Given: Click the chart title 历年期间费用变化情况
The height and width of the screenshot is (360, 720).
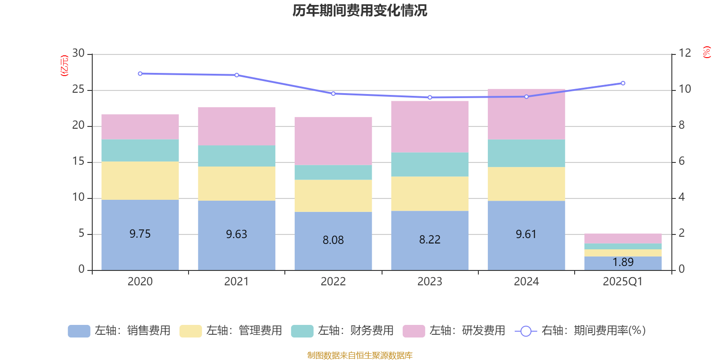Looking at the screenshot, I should (360, 10).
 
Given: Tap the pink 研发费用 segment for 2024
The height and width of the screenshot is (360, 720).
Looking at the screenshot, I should (526, 114).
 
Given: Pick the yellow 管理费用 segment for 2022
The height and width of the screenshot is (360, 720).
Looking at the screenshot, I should (333, 196).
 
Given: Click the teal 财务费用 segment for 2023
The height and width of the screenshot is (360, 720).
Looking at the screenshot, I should (430, 164).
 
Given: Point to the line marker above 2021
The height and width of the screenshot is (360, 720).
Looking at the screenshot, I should (237, 75).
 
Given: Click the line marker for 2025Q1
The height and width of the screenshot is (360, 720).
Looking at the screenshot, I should (623, 83).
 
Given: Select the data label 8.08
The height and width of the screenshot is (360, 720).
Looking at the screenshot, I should (333, 240).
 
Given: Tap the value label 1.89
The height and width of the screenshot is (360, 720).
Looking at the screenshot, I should (623, 262).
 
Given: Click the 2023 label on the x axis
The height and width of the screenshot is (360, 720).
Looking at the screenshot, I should (430, 282).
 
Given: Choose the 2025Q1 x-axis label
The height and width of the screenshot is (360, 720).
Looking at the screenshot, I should (622, 282).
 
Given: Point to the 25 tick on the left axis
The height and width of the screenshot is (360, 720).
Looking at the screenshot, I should (79, 90).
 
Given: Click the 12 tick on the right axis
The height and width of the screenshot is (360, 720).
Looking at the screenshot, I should (685, 53).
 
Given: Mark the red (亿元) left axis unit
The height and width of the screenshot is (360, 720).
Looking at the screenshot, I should (64, 66).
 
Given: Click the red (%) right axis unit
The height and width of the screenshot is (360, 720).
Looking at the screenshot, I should (707, 52).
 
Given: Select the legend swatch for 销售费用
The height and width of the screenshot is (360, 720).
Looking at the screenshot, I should (79, 331).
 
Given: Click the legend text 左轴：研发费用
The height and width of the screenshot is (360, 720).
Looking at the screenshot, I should (467, 331).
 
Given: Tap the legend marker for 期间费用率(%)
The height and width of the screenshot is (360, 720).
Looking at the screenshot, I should (526, 331).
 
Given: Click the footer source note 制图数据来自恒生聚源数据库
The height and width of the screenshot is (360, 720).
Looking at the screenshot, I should (360, 355).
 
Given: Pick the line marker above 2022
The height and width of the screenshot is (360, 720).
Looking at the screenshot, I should (333, 94).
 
